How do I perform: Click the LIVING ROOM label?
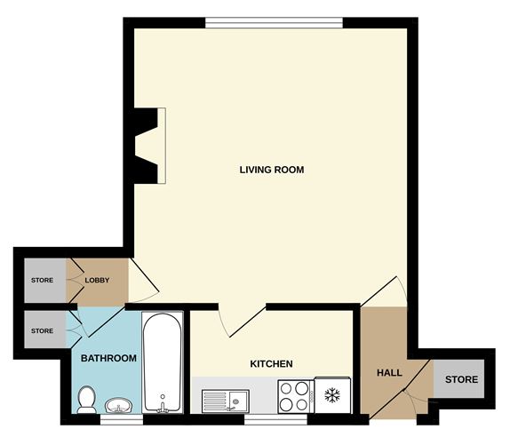tap(272, 169)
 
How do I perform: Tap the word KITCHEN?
tap(271, 363)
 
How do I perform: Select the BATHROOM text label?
tap(108, 359)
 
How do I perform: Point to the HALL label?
tap(389, 372)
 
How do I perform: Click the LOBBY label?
tap(97, 281)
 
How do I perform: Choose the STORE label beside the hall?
tap(461, 379)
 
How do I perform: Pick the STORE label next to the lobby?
tap(42, 281)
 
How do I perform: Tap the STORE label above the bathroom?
tap(42, 331)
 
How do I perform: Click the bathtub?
tap(162, 362)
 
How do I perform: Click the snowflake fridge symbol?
tap(332, 393)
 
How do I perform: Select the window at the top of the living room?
tap(274, 23)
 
